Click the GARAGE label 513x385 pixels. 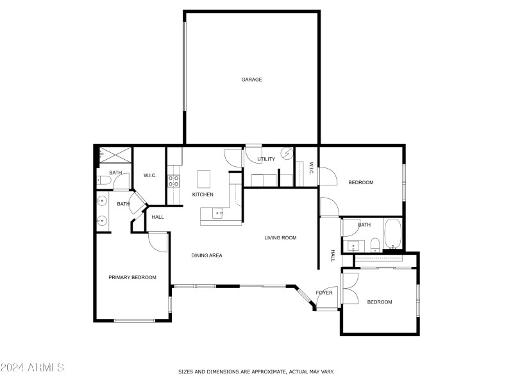pyautogui.click(x=251, y=80)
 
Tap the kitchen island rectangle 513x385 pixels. pyautogui.click(x=204, y=177)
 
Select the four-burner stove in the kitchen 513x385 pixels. pyautogui.click(x=172, y=180)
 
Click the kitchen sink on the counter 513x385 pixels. pyautogui.click(x=219, y=213)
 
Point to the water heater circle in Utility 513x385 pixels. pyautogui.click(x=287, y=153)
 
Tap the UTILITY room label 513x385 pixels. pyautogui.click(x=266, y=159)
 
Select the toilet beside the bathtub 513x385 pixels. pyautogui.click(x=374, y=244)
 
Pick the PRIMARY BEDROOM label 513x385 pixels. pyautogui.click(x=132, y=277)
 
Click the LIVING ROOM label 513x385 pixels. pyautogui.click(x=280, y=238)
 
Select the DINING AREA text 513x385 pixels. pyautogui.click(x=206, y=255)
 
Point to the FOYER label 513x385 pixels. pyautogui.click(x=324, y=293)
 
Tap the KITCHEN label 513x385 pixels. pyautogui.click(x=203, y=194)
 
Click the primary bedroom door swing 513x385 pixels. pyautogui.click(x=157, y=241)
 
